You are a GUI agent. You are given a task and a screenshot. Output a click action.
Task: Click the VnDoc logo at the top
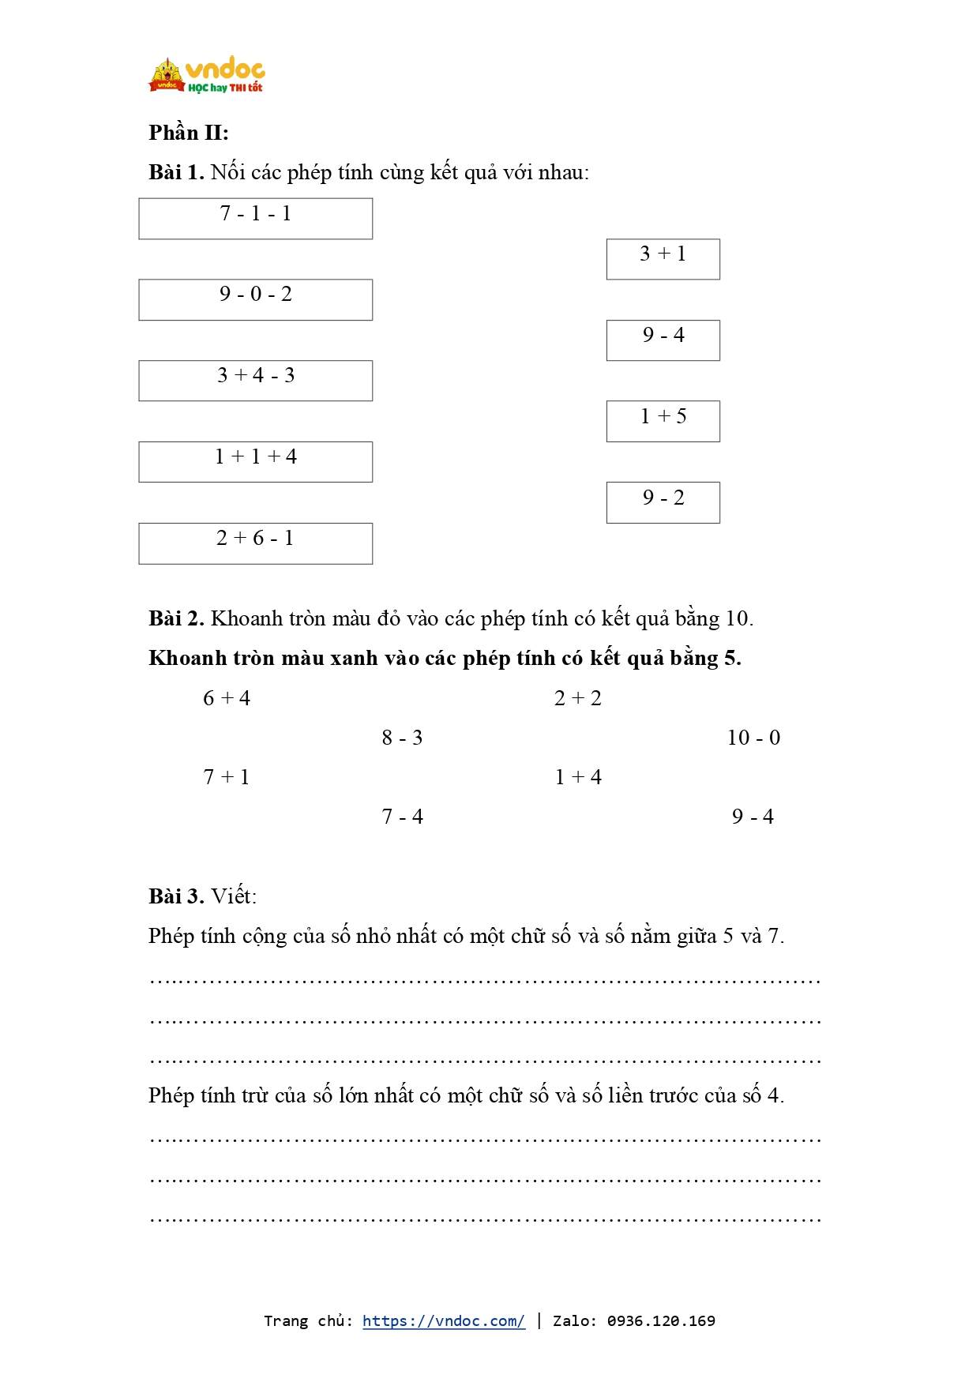pyautogui.click(x=207, y=76)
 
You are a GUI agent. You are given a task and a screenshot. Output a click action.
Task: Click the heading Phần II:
pyautogui.click(x=189, y=133)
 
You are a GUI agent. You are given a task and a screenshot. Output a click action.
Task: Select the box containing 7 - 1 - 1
pyautogui.click(x=255, y=218)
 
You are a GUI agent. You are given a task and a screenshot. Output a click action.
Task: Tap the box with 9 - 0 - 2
pyautogui.click(x=255, y=299)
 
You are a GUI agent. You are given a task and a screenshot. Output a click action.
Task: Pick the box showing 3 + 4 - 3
pyautogui.click(x=255, y=381)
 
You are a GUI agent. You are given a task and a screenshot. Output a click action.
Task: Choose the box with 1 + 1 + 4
pyautogui.click(x=255, y=462)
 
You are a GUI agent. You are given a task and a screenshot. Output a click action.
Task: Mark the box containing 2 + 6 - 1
pyautogui.click(x=255, y=543)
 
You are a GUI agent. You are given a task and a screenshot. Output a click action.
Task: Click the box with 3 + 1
pyautogui.click(x=663, y=259)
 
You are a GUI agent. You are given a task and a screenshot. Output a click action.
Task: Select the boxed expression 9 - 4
pyautogui.click(x=663, y=340)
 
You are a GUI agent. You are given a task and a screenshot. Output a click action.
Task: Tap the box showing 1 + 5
pyautogui.click(x=663, y=421)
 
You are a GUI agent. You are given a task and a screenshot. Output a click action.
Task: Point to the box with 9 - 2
pyautogui.click(x=663, y=502)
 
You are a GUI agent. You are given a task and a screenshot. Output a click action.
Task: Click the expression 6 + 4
pyautogui.click(x=227, y=698)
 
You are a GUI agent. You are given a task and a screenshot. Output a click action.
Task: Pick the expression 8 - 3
pyautogui.click(x=402, y=738)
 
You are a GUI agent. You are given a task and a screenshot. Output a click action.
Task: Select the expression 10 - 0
pyautogui.click(x=753, y=738)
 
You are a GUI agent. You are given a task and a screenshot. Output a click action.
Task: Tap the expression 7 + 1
pyautogui.click(x=227, y=777)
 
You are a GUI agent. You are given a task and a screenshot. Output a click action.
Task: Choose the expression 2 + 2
pyautogui.click(x=578, y=698)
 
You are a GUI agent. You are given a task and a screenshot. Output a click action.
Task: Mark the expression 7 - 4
pyautogui.click(x=402, y=817)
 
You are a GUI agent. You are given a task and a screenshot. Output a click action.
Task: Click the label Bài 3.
pyautogui.click(x=176, y=896)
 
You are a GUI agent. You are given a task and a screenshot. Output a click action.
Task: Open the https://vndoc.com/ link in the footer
pyautogui.click(x=444, y=1320)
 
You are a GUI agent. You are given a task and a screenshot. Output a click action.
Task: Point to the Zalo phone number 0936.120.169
pyautogui.click(x=661, y=1320)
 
